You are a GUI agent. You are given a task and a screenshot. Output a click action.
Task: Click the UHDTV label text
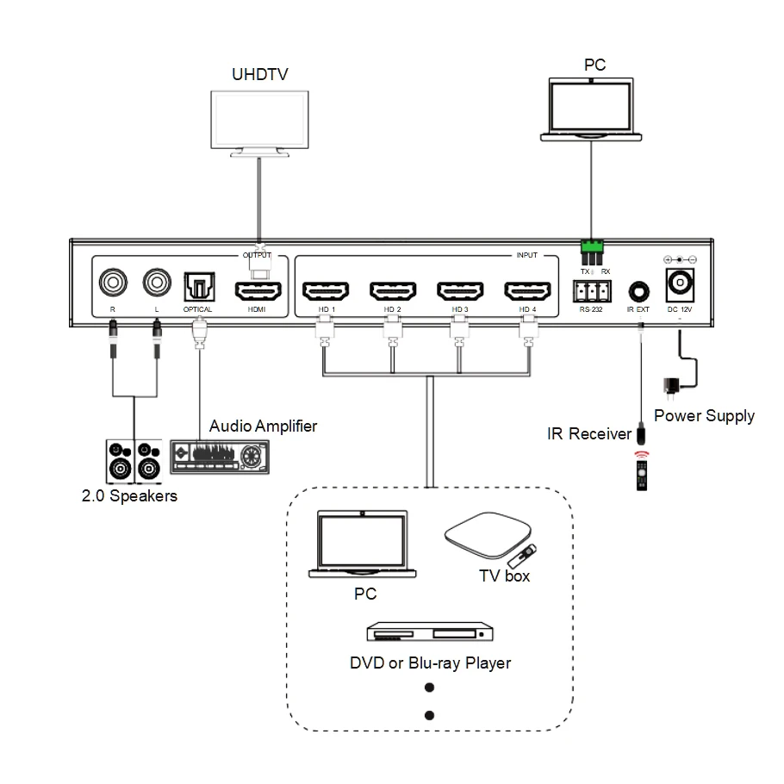[x=259, y=74]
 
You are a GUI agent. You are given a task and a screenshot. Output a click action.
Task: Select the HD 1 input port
[x=326, y=289]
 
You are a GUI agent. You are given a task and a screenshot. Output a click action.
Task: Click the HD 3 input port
[x=459, y=289]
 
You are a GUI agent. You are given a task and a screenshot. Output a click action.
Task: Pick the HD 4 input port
[x=527, y=289]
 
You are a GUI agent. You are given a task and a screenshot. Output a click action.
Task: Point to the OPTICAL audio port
[x=198, y=285]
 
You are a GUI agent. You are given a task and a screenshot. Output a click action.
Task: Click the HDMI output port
[x=257, y=289]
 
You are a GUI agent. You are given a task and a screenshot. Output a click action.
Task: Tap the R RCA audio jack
[x=113, y=282]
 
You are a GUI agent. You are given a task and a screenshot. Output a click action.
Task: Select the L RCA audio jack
[x=157, y=282]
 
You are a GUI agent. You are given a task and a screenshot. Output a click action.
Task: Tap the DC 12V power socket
[x=680, y=283]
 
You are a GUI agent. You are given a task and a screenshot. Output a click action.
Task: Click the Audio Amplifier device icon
[x=220, y=456]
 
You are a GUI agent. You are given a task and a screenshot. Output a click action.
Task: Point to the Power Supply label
[x=704, y=416]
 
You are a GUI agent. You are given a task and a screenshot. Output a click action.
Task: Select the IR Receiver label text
[x=589, y=434]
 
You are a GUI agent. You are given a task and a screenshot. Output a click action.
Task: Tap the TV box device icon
[x=486, y=537]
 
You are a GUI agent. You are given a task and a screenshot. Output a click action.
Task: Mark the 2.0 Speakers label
[x=129, y=495]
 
